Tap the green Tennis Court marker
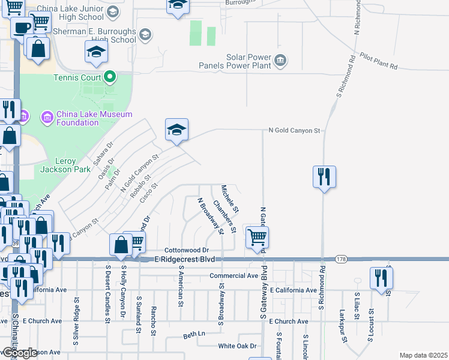109,77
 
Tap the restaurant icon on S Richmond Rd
324,177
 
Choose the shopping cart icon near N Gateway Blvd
257,236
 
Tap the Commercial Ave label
234,276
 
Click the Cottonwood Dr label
186,250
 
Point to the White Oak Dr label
237,346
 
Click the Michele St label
230,199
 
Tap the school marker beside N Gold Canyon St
176,130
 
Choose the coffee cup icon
23,28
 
